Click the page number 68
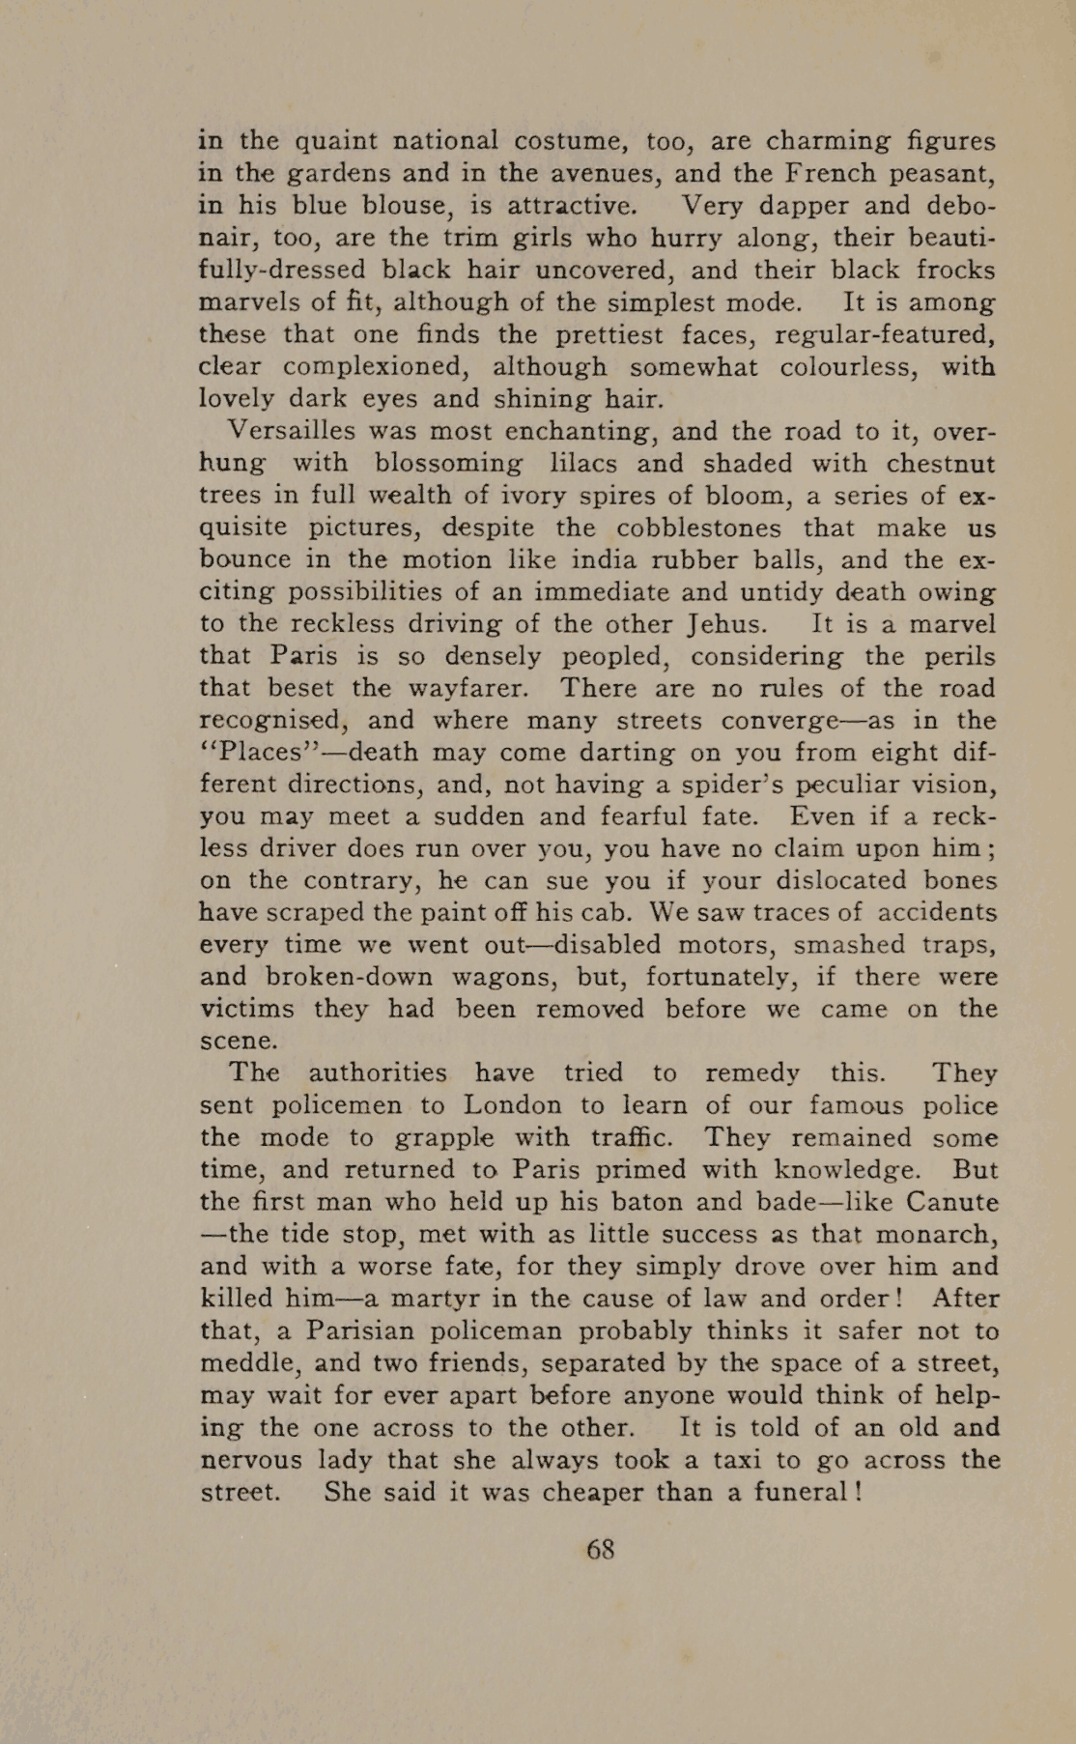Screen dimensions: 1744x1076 600,1549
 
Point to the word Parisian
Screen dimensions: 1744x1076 366,1330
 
